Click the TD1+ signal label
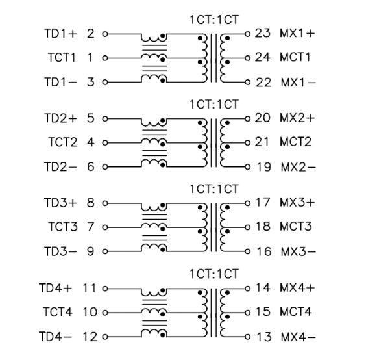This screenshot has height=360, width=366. pyautogui.click(x=60, y=32)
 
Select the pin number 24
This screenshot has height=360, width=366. pyautogui.click(x=262, y=57)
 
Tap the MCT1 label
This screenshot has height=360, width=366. pyautogui.click(x=295, y=57)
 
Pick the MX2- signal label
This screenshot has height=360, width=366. pyautogui.click(x=299, y=166)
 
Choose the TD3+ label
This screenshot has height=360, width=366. pyautogui.click(x=60, y=202)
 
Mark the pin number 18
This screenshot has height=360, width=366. pyautogui.click(x=262, y=226)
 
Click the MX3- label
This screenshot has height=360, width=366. pyautogui.click(x=299, y=251)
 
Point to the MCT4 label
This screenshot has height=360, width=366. pyautogui.click(x=295, y=311)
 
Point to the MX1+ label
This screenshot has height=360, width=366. pyautogui.click(x=298, y=32)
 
